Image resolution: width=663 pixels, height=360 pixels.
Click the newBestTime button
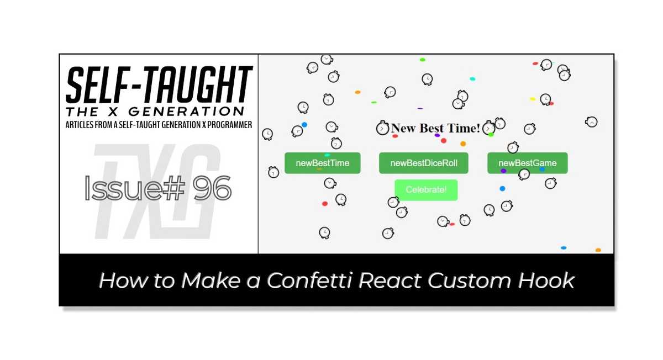(x=322, y=163)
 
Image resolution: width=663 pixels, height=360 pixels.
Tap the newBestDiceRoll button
(x=423, y=163)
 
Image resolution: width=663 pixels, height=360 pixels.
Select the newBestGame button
(x=527, y=163)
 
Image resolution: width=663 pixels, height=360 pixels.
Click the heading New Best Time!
(x=435, y=128)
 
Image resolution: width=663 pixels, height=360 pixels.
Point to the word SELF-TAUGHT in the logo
(x=159, y=84)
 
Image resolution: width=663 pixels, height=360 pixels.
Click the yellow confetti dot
(x=533, y=99)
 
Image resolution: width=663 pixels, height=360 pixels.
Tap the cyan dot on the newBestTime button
(x=327, y=155)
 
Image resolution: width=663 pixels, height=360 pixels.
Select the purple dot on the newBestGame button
(x=503, y=171)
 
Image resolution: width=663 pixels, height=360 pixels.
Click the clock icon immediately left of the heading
(x=383, y=129)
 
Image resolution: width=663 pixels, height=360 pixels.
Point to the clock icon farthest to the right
(x=591, y=122)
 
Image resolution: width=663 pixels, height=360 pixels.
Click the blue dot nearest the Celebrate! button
(x=502, y=189)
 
